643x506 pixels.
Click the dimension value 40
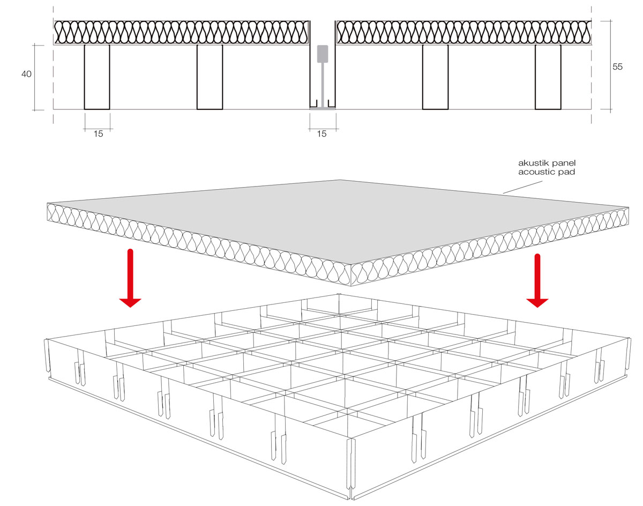(26, 74)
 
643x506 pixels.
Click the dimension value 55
(617, 66)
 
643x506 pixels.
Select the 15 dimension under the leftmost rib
(98, 133)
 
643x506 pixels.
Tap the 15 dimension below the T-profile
(322, 133)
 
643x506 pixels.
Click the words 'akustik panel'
(547, 163)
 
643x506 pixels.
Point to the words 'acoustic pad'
(547, 172)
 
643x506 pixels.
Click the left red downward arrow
(130, 278)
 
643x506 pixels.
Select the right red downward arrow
(537, 280)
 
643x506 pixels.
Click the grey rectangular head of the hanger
(323, 54)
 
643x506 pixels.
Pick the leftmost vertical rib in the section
(97, 77)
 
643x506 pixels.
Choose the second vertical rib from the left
(210, 77)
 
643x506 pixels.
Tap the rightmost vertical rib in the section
(548, 77)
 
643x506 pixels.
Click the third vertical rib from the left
(435, 77)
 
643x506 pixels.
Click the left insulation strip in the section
(181, 32)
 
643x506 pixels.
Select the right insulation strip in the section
(463, 32)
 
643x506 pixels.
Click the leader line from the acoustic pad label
(522, 187)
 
